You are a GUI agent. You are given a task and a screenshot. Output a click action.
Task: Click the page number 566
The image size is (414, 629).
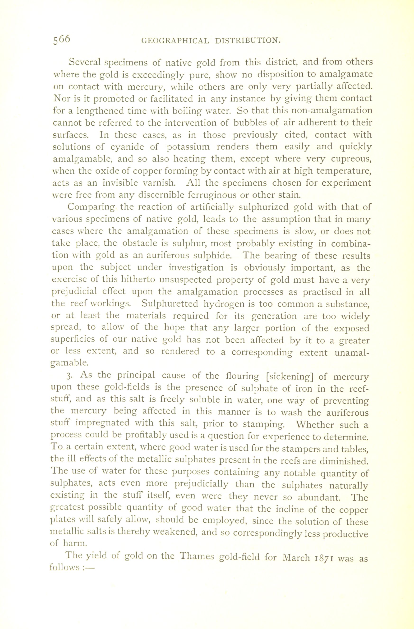62,40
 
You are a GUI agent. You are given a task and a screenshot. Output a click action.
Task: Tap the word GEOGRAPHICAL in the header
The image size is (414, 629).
175,41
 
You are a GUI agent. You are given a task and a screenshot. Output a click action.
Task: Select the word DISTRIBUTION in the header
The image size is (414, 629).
248,41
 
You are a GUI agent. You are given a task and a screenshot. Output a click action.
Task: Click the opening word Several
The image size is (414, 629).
85,62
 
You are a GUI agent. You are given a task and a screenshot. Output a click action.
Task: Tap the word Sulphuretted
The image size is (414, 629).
170,304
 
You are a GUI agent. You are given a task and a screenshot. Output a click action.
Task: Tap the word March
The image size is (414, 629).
296,557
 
